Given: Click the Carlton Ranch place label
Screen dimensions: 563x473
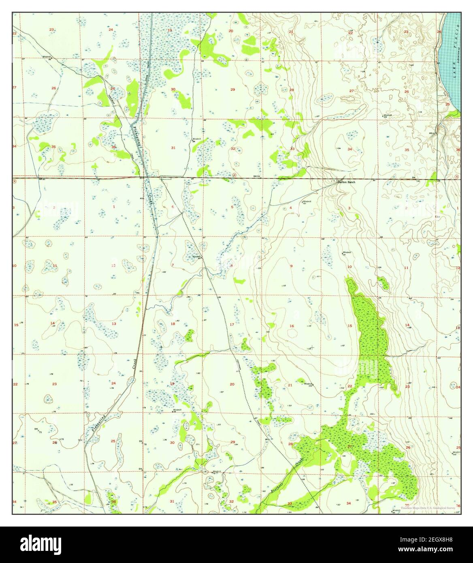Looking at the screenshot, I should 347,182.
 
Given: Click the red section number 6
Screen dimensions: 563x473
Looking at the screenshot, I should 173,207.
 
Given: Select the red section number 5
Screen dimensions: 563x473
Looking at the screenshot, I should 232,207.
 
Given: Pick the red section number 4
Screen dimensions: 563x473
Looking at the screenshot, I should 291,208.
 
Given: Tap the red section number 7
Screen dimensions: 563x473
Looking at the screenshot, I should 173,265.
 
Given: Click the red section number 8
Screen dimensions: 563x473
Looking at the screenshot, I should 232,266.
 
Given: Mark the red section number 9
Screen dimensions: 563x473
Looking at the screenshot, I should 291,266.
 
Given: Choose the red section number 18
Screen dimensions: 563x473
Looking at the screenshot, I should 173,324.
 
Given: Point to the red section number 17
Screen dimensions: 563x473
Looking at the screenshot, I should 232,325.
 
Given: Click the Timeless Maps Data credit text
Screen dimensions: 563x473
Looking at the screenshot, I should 428,508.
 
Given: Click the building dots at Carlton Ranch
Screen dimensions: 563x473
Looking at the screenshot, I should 335,181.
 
